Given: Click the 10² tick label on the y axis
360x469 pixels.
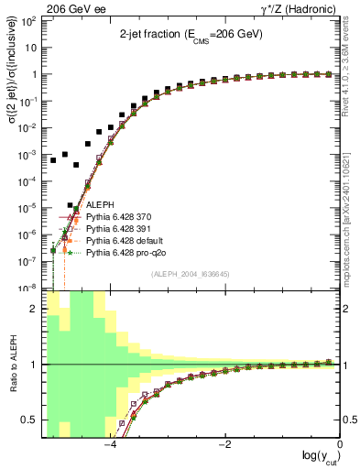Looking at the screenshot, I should [29, 20].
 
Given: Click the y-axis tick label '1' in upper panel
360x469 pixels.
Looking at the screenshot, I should [35, 74].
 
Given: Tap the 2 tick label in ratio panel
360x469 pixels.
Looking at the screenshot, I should [36, 309].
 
